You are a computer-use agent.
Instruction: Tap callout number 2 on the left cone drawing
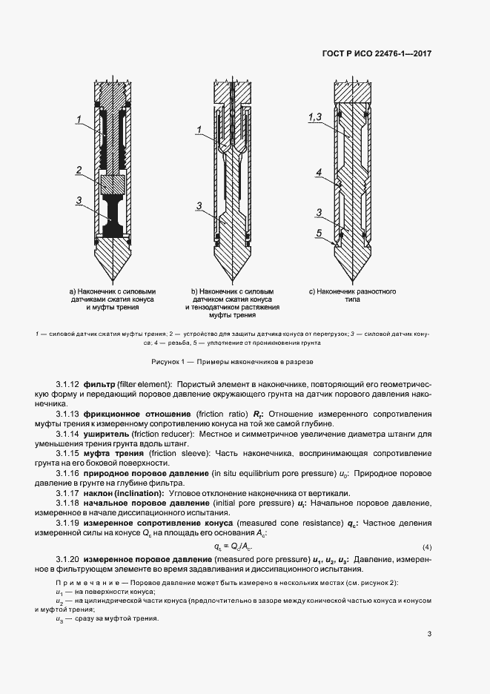click(78, 171)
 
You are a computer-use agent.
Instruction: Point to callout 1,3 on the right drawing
click(313, 118)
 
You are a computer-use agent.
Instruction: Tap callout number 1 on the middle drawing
click(199, 130)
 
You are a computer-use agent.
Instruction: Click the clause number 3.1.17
click(68, 492)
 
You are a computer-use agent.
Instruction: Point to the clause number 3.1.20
click(68, 558)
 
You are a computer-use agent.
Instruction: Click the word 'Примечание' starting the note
click(84, 584)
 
